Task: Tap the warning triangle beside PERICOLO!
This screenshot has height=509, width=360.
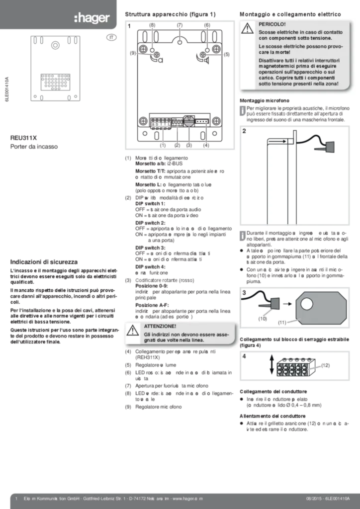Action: click(x=248, y=29)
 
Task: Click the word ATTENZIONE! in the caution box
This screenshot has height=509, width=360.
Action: click(x=160, y=326)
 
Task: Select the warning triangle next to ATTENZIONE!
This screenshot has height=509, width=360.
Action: click(x=132, y=331)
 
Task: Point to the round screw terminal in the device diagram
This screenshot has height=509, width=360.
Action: click(x=188, y=120)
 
